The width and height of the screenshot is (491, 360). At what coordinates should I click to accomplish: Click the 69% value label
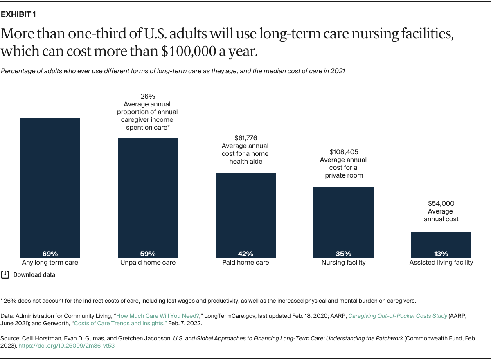50,254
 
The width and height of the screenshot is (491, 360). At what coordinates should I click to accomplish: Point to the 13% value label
441,254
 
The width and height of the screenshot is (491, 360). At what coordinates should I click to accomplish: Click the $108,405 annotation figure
343,152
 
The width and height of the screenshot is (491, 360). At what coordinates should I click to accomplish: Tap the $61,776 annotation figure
245,138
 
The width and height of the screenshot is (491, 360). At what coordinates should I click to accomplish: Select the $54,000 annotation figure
441,203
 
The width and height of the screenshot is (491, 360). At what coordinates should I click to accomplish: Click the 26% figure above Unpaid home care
148,97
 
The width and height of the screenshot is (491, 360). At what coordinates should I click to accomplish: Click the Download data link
34,275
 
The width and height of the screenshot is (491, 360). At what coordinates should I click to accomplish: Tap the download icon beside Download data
5,274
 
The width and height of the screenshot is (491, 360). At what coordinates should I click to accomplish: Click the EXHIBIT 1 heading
18,14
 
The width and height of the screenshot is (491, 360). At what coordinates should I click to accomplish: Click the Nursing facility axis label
343,263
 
